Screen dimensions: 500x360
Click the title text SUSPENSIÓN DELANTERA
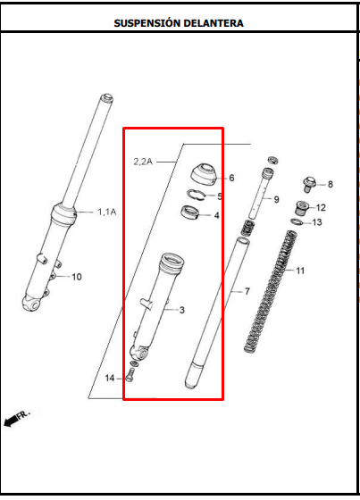tap(179, 23)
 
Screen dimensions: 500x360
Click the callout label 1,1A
tap(106, 212)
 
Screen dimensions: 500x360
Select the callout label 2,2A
tap(143, 162)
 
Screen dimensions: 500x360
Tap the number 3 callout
tap(181, 310)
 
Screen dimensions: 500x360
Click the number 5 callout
tap(221, 196)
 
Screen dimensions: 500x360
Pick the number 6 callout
tap(231, 178)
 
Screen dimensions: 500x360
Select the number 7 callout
tap(247, 292)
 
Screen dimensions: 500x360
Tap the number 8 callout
tap(330, 185)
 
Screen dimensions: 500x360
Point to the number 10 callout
tap(76, 277)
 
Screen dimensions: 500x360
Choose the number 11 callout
tap(300, 271)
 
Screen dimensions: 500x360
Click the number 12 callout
tap(321, 208)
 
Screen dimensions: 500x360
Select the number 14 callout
tap(110, 379)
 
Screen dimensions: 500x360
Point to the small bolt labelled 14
tap(127, 376)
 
